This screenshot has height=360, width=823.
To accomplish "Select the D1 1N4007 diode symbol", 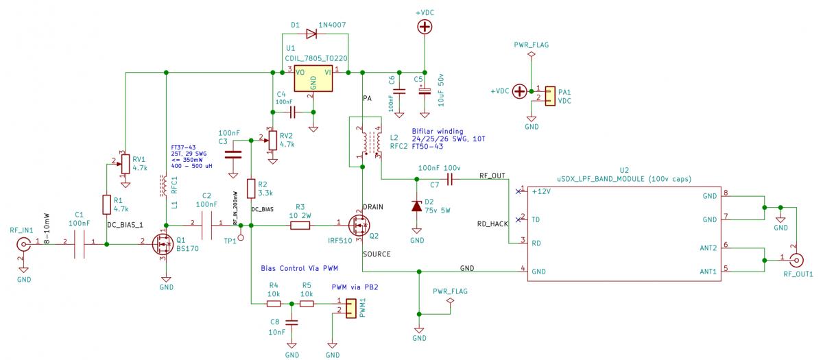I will click(313, 32).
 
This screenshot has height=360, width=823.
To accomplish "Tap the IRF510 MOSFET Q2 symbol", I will click(359, 224).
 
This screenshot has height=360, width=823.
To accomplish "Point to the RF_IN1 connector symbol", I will click(24, 243).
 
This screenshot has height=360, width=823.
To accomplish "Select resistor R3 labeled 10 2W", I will click(300, 224).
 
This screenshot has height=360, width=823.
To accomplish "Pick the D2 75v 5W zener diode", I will click(416, 206).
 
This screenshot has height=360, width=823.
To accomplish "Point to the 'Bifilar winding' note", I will click(438, 131).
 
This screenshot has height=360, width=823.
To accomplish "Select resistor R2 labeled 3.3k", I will click(252, 189).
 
